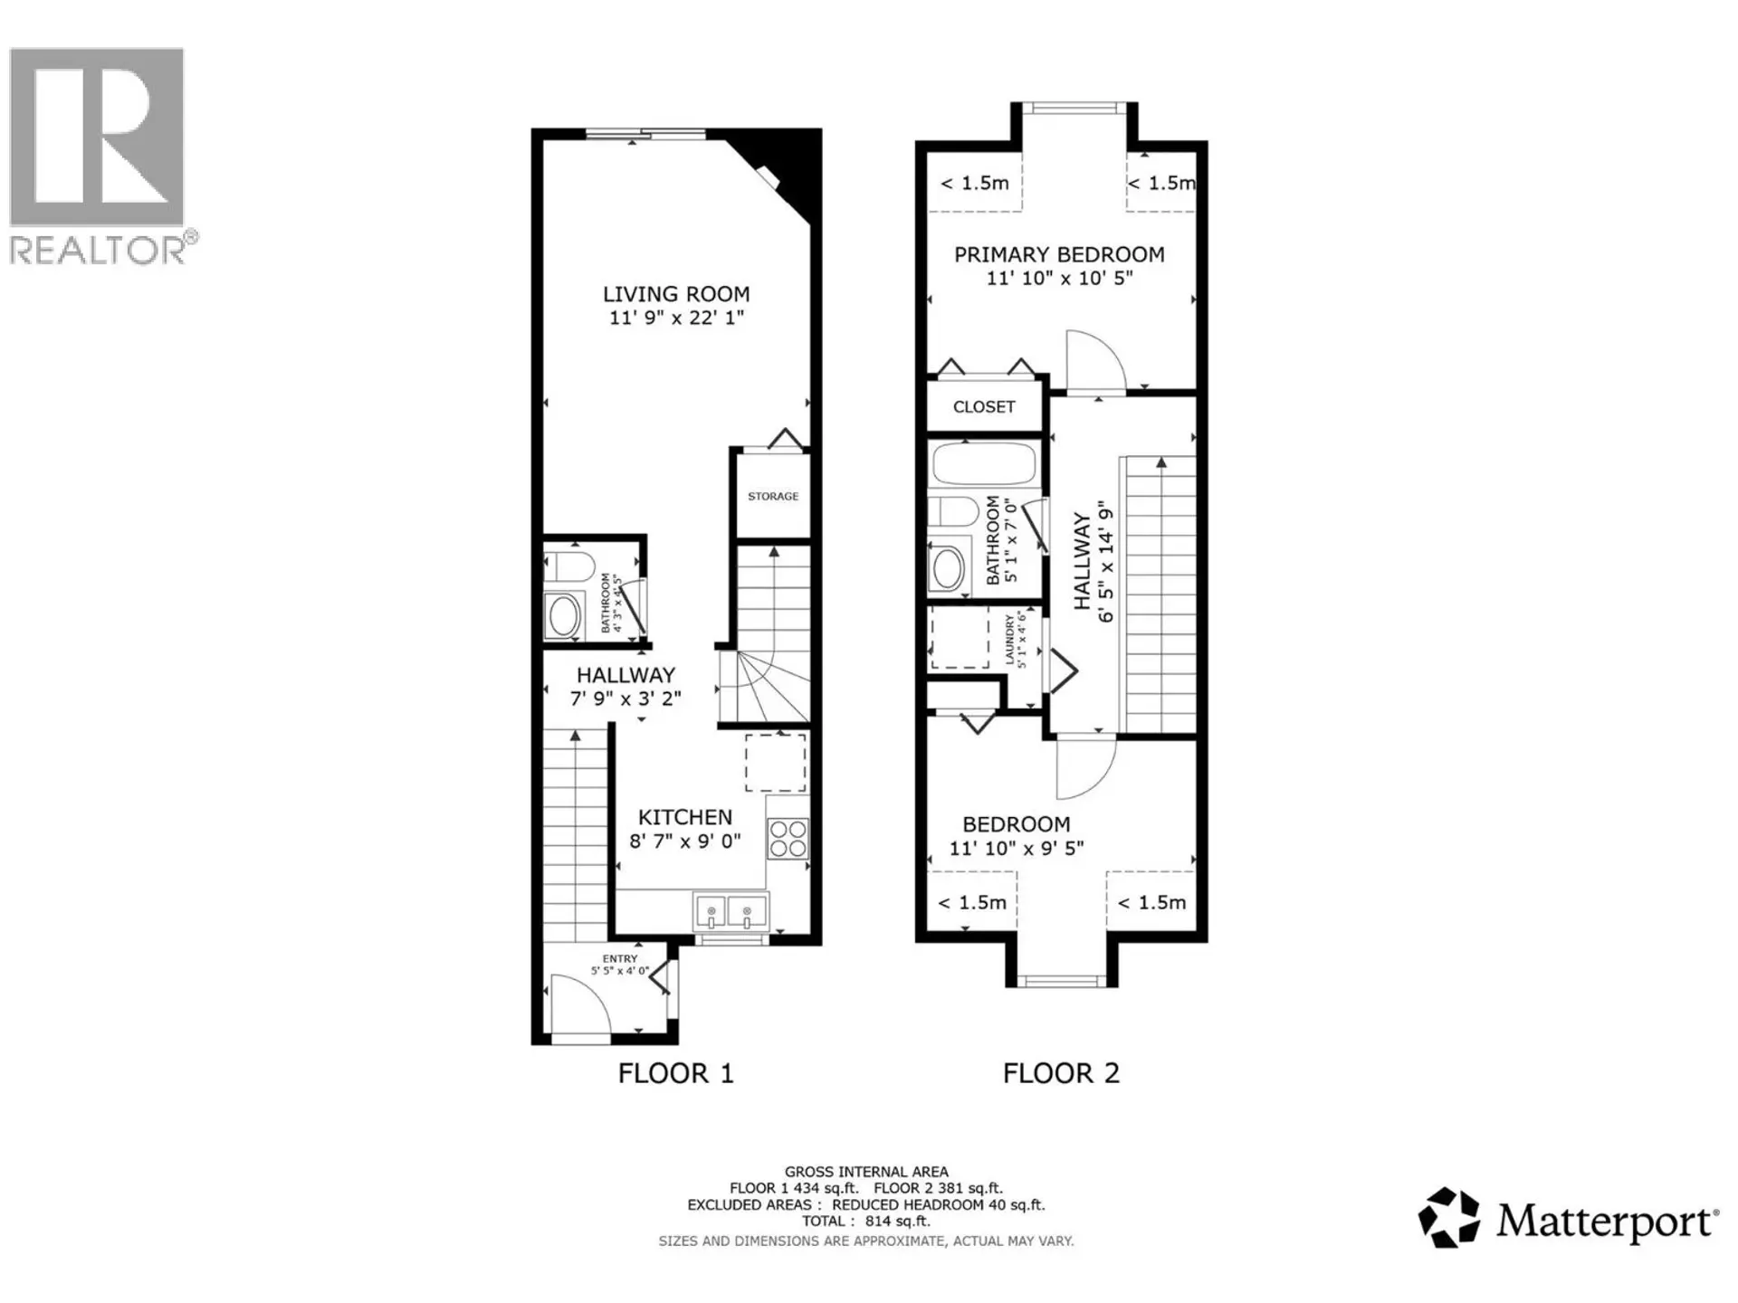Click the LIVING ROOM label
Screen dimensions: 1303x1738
click(676, 294)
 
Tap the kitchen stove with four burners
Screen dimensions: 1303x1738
click(787, 838)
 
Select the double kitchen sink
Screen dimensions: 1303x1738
click(730, 911)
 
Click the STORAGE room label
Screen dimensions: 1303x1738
click(773, 496)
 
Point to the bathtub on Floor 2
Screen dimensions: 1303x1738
click(983, 463)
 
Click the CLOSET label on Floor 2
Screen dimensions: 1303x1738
click(984, 407)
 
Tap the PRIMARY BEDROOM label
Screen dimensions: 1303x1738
click(1059, 255)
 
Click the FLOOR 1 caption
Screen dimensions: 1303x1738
click(675, 1073)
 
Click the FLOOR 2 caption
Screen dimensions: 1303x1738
click(1061, 1073)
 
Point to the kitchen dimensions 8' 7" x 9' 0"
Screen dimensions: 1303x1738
click(685, 841)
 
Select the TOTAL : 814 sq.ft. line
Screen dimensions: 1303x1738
click(865, 1221)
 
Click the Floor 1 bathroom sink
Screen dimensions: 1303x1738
click(563, 615)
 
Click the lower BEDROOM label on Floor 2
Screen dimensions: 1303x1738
click(1016, 824)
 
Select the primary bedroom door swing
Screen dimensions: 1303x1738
click(1095, 362)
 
